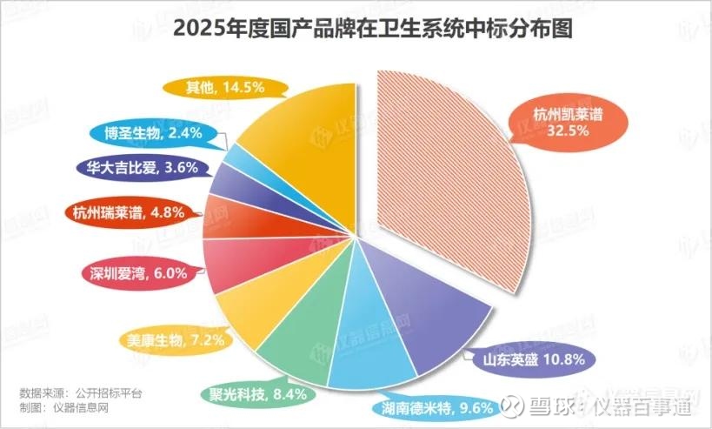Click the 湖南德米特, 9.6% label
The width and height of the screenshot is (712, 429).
436,406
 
